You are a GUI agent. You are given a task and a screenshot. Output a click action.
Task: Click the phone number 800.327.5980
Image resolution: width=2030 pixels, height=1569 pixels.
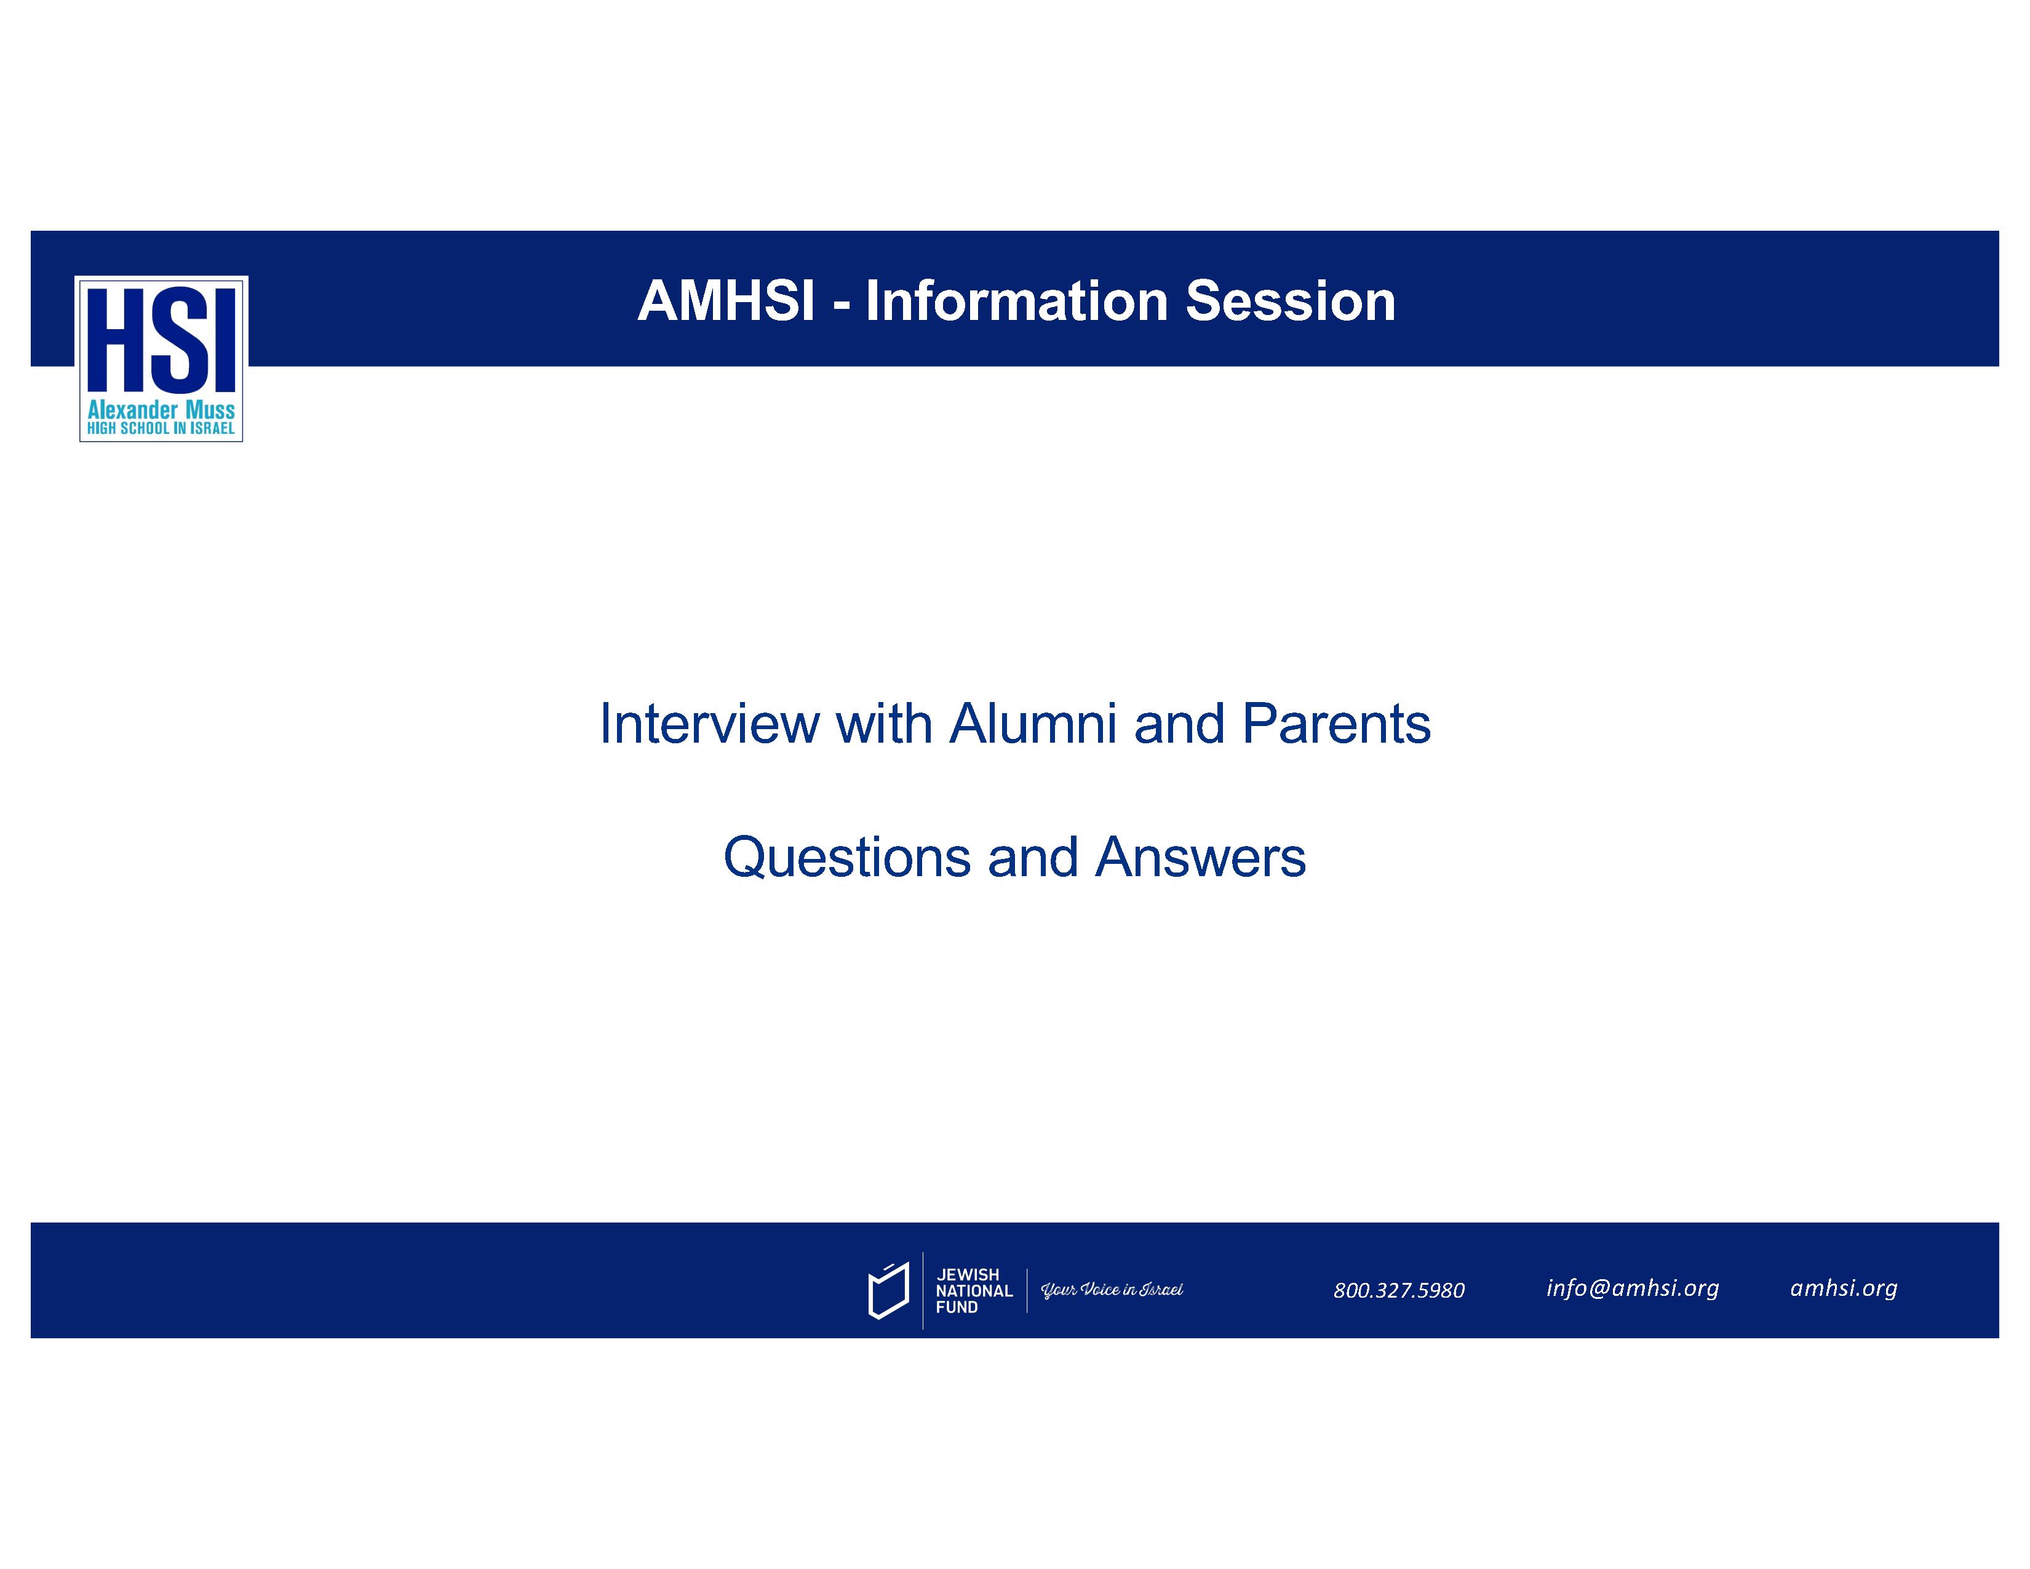[1399, 1290]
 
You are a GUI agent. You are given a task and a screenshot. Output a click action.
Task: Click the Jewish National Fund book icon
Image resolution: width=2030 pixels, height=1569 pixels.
[888, 1290]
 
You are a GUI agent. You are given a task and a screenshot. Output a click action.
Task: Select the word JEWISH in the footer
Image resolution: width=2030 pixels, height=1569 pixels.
[968, 1274]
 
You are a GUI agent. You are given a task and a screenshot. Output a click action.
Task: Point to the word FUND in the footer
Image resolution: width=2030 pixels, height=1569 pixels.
[957, 1307]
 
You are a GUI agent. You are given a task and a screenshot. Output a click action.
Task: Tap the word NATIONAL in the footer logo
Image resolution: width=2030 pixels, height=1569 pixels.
[974, 1290]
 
